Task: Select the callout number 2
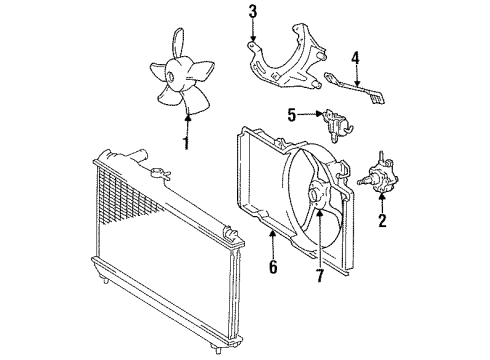tap(381, 221)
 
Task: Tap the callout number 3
tap(253, 13)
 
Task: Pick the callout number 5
tap(292, 114)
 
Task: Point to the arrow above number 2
tap(381, 200)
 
